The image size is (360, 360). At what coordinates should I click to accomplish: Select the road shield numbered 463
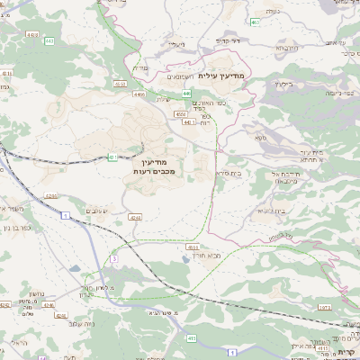(x=256, y=22)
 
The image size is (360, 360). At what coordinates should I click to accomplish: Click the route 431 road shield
(x=113, y=157)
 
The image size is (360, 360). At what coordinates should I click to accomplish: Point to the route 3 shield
(x=113, y=259)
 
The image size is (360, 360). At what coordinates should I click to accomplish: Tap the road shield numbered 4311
(x=6, y=74)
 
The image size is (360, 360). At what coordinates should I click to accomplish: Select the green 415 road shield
(x=191, y=337)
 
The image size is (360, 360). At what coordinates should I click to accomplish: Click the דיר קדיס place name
(x=230, y=40)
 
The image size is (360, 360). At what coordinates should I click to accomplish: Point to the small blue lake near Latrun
(x=184, y=257)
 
